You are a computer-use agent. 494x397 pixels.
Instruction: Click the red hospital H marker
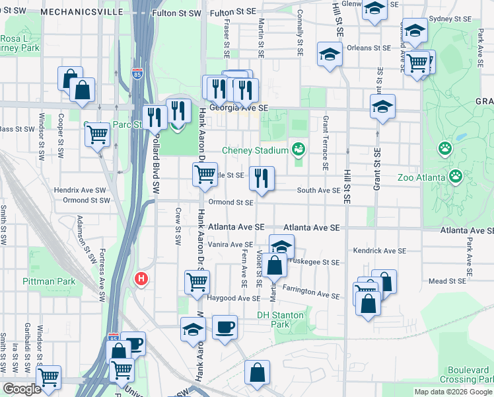click(140, 279)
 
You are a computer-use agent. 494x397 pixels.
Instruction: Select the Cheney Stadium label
click(256, 150)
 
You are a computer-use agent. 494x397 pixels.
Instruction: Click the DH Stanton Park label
click(282, 320)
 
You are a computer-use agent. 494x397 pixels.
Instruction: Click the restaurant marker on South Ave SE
click(262, 178)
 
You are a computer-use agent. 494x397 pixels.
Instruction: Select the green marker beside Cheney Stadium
click(299, 150)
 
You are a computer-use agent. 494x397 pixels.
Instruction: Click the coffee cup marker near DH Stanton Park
click(225, 327)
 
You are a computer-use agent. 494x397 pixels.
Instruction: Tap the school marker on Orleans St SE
click(330, 54)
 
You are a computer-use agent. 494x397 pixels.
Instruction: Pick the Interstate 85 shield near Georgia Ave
click(137, 74)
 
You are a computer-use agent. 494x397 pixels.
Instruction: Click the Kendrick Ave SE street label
click(380, 251)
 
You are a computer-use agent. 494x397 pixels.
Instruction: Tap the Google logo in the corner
click(22, 389)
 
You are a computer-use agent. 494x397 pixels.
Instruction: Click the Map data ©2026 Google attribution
click(452, 392)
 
